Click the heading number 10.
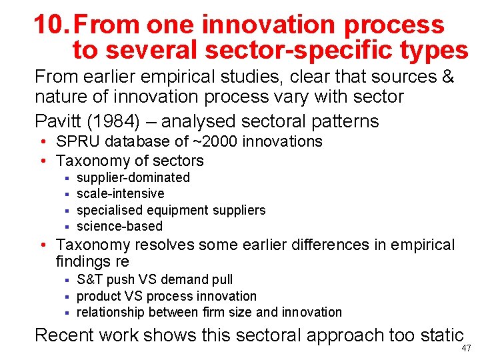pyautogui.click(x=51, y=25)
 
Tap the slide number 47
pyautogui.click(x=465, y=349)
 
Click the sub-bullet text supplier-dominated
pyautogui.click(x=133, y=177)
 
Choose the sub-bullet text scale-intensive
pyautogui.click(x=121, y=193)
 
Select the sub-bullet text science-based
pyautogui.click(x=119, y=226)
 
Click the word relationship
pyautogui.click(x=113, y=312)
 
